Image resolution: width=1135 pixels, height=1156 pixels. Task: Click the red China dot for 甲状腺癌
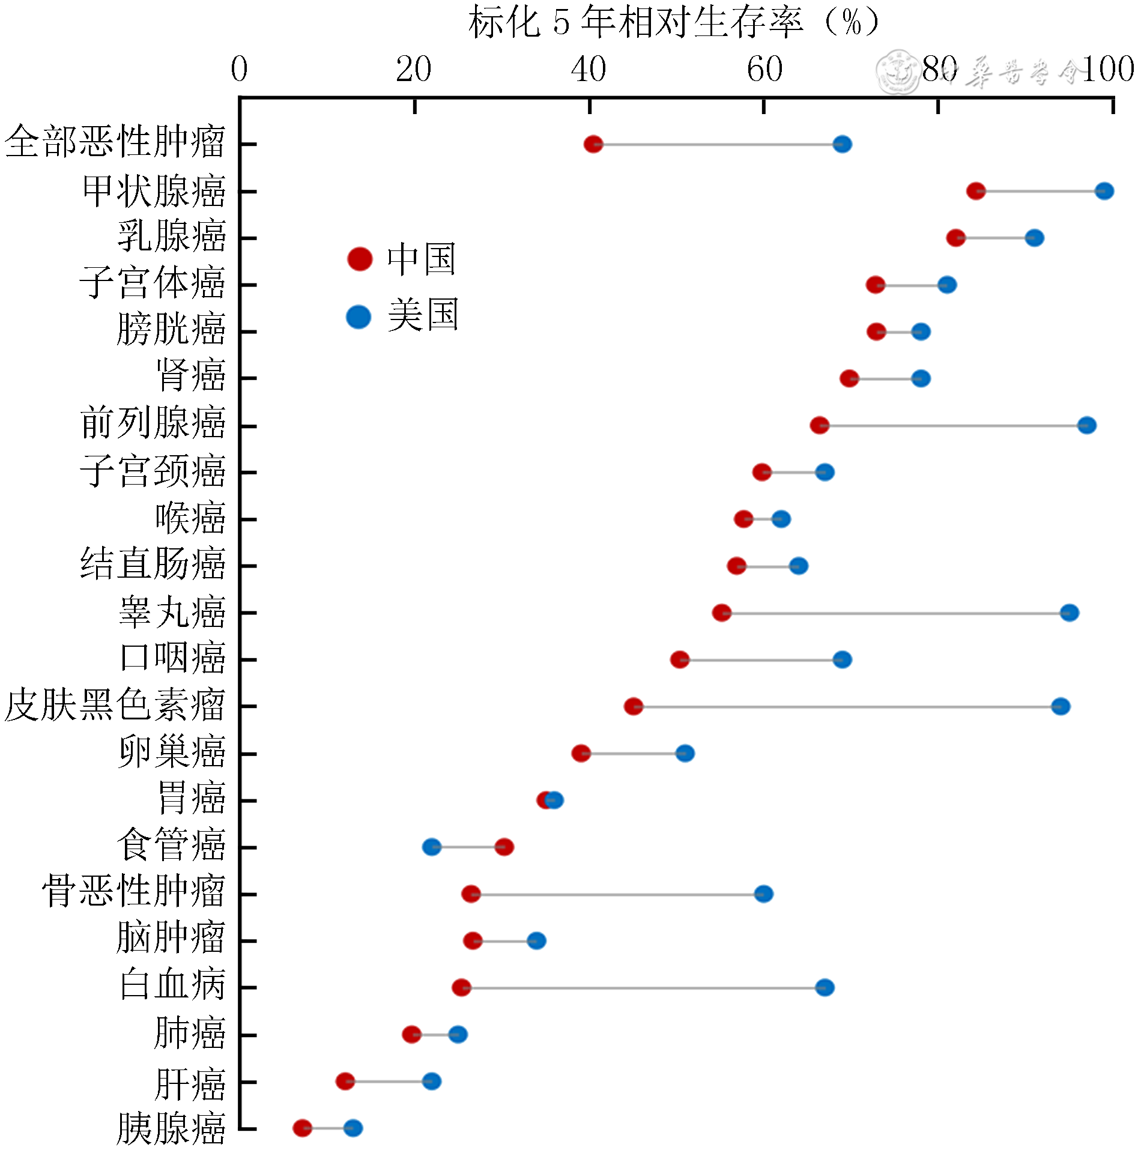975,191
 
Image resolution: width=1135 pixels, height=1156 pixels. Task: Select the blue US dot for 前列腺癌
1086,425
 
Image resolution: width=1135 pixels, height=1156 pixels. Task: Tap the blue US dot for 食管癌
431,847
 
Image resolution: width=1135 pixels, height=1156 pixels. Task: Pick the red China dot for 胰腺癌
302,1128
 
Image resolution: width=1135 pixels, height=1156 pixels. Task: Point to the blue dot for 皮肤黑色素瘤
1061,706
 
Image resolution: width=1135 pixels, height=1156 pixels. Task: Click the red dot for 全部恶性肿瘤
593,144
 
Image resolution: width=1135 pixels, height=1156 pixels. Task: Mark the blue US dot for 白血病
825,987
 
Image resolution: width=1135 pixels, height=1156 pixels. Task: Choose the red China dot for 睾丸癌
721,613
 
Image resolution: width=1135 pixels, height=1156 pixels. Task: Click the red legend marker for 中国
360,259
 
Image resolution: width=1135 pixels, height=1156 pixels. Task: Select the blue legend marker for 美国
359,316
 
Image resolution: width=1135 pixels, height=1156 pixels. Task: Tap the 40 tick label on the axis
589,70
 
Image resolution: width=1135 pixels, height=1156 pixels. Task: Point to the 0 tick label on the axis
239,70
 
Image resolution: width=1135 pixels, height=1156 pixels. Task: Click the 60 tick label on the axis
764,70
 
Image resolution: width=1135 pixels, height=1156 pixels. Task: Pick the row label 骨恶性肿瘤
133,891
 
